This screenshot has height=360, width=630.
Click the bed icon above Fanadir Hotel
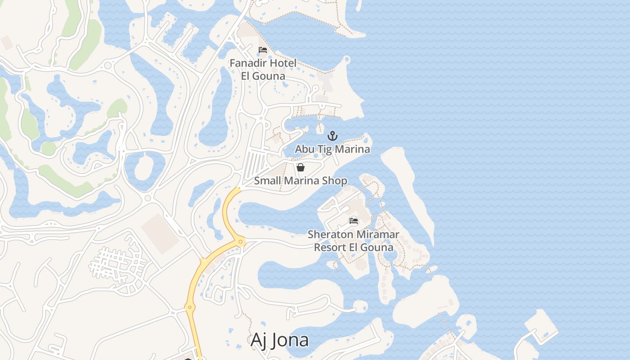tap(263, 49)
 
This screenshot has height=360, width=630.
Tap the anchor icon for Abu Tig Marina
tap(332, 135)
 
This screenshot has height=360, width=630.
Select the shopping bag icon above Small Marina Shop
tap(301, 167)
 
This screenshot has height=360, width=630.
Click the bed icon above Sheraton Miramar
tap(354, 221)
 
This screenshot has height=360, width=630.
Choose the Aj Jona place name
tap(279, 340)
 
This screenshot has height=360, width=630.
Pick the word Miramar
tap(378, 234)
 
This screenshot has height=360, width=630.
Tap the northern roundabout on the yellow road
tap(241, 242)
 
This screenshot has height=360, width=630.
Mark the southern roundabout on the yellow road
tap(189, 308)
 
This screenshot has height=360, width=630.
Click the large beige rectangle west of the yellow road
tap(160, 234)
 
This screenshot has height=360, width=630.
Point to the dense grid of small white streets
tap(118, 263)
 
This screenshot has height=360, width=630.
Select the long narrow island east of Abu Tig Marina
tap(407, 189)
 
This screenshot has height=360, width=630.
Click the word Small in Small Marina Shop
tap(266, 181)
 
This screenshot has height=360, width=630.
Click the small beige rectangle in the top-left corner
tap(7, 42)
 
